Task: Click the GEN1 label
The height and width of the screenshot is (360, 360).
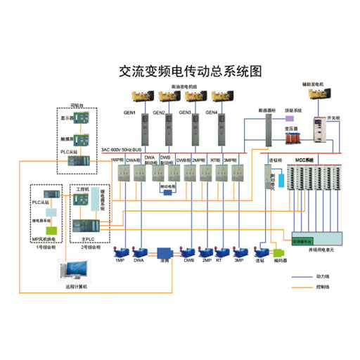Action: tap(129, 112)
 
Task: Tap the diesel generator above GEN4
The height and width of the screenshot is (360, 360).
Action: tap(213, 97)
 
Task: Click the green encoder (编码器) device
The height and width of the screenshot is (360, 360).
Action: tap(279, 251)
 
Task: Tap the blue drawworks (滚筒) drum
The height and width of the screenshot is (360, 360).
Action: tap(165, 251)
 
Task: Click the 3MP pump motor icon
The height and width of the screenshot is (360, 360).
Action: tap(239, 251)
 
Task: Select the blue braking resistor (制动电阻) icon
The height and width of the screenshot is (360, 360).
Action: tap(167, 193)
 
